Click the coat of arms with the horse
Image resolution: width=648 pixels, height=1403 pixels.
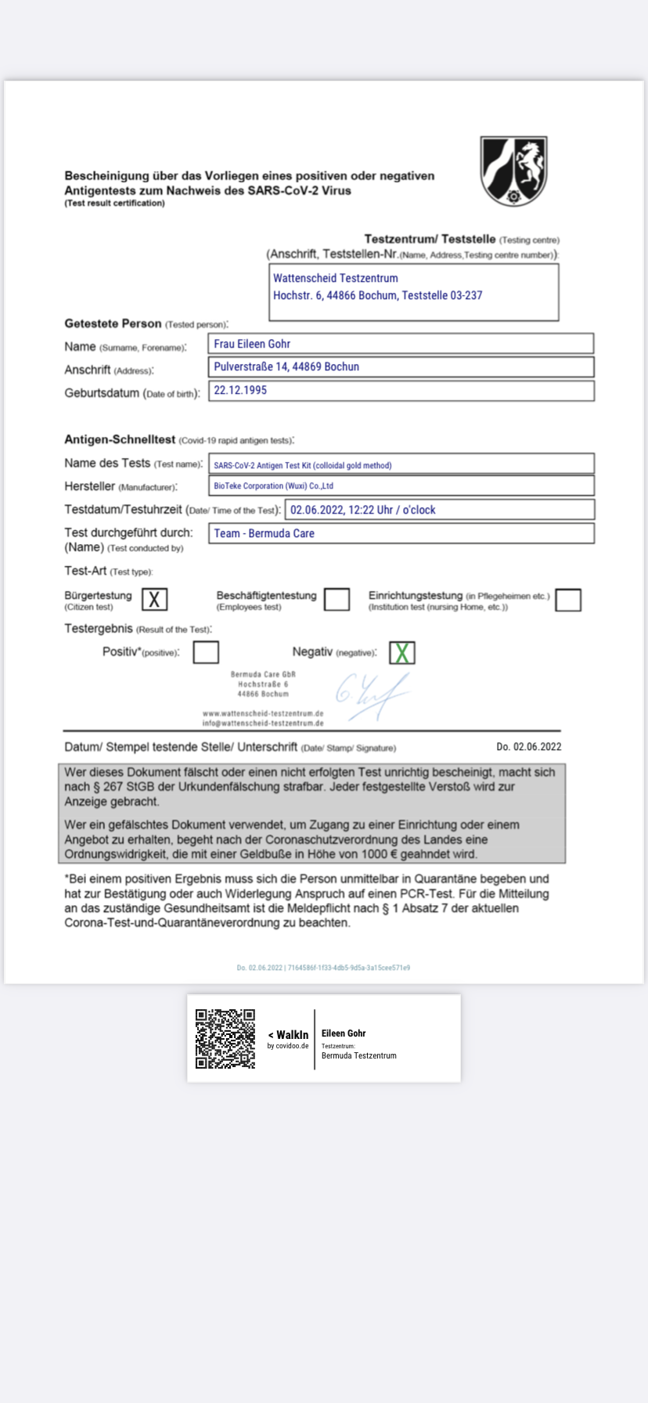(x=513, y=171)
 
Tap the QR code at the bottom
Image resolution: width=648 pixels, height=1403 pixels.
(x=225, y=1038)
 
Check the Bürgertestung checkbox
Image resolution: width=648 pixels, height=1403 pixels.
(x=155, y=600)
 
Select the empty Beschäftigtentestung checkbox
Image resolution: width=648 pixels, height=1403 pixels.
(x=337, y=600)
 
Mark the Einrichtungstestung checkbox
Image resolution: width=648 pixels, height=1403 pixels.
(x=568, y=600)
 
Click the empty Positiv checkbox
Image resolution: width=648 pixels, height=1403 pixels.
(x=206, y=652)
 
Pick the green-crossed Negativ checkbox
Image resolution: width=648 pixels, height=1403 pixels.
(x=402, y=652)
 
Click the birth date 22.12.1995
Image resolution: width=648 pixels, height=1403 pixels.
(x=240, y=390)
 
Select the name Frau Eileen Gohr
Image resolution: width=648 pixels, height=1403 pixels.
(x=252, y=344)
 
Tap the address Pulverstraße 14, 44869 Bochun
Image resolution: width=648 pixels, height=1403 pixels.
(x=286, y=366)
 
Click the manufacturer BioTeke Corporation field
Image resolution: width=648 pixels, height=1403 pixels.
(x=273, y=485)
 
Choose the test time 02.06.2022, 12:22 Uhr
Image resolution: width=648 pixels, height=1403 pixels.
(x=363, y=510)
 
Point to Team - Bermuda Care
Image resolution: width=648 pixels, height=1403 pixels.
(x=264, y=533)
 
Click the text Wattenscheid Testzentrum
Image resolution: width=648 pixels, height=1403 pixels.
(x=335, y=278)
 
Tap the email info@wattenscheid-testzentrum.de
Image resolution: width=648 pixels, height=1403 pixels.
(x=263, y=723)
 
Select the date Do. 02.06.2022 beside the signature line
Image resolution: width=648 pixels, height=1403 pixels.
(x=528, y=747)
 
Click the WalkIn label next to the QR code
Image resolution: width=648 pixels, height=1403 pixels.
(x=291, y=1035)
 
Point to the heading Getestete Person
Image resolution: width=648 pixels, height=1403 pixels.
(x=113, y=323)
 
